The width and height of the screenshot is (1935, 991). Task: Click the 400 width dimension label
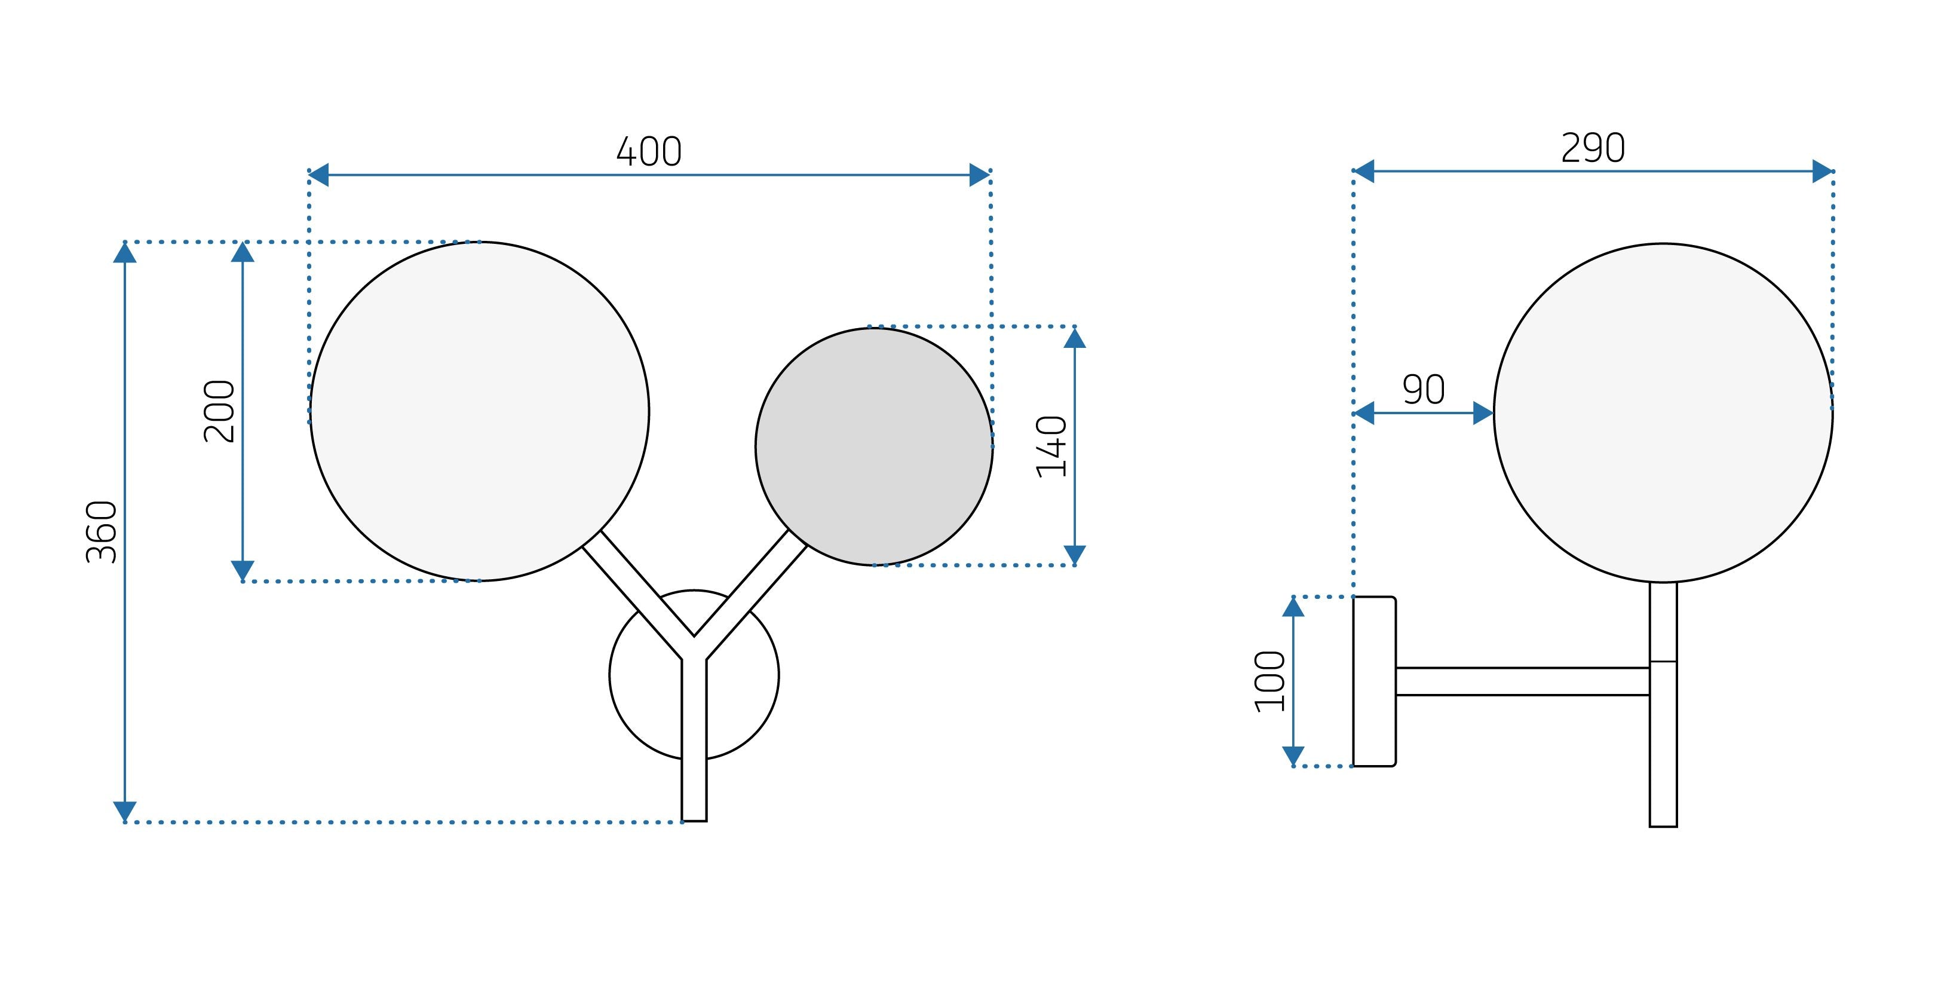pos(649,152)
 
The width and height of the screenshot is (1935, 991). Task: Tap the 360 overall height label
pos(102,532)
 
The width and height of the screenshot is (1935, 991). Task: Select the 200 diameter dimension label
pos(219,412)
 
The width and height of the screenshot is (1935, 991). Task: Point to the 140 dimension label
pos(1051,447)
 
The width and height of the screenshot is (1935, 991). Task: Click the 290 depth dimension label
pos(1593,148)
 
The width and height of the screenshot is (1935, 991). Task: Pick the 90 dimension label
pos(1424,390)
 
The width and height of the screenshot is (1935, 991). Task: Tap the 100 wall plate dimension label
pos(1270,681)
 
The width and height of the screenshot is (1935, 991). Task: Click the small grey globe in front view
pos(873,447)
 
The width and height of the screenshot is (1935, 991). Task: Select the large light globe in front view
pos(479,412)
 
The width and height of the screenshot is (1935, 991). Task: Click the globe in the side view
pos(1663,412)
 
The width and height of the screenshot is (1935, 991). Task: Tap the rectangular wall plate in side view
pos(1374,681)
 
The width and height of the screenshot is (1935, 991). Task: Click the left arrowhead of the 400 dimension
pos(318,175)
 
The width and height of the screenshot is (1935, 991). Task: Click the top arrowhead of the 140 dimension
pos(1075,339)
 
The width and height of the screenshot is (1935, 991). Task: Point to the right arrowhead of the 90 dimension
pos(1483,413)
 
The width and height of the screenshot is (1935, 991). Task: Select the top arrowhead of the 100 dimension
pos(1293,607)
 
